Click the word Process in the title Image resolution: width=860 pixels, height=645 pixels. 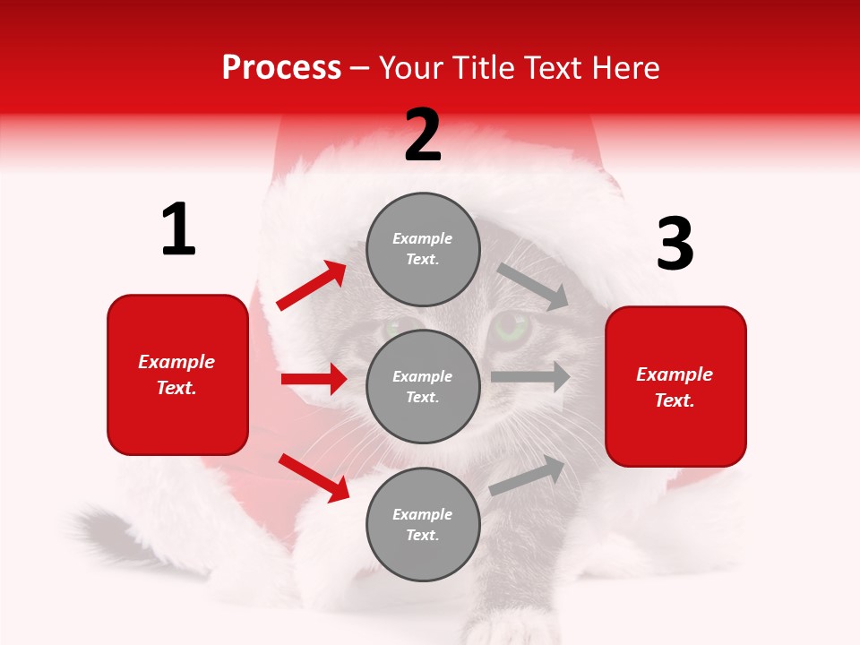point(281,68)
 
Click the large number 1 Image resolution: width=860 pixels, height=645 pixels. point(178,230)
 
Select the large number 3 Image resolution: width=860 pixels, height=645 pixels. point(675,245)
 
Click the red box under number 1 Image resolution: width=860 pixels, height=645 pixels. point(177,374)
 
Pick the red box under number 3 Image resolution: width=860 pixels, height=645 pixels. point(675,387)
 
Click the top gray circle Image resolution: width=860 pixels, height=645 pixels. point(423,249)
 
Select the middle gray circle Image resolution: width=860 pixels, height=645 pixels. point(423,386)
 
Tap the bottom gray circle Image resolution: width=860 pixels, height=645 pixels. point(423,524)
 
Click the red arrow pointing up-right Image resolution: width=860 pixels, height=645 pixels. point(312,286)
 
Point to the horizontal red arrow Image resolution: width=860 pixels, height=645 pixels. point(314,379)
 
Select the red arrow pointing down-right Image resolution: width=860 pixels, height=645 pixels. point(314,477)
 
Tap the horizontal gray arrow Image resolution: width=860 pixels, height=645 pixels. point(530,377)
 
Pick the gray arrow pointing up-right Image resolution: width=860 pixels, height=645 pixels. point(528,476)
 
